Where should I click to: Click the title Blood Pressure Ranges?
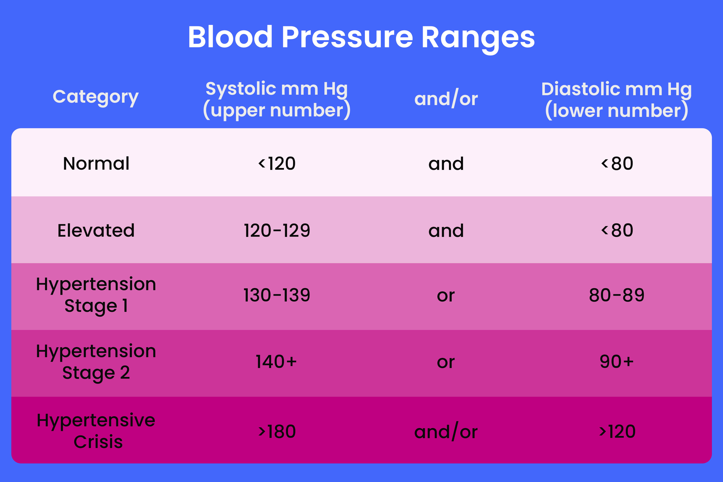361,38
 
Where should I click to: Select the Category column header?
96,97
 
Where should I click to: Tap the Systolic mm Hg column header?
277,99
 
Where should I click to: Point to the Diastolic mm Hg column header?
616,100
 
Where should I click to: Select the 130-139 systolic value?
277,295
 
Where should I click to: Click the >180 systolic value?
277,431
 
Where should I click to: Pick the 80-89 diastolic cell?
616,295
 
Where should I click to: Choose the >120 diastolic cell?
617,431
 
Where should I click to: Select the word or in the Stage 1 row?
446,296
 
